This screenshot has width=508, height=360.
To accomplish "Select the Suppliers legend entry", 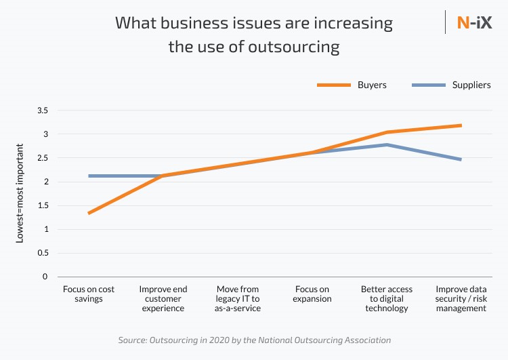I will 471,85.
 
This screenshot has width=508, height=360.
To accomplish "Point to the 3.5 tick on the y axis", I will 43,110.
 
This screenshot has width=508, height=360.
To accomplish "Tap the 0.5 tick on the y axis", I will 43,253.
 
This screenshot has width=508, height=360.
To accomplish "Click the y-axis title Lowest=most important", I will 20,193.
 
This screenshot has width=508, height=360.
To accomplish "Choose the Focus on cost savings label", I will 89,294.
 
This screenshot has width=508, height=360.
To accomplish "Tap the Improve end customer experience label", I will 163,298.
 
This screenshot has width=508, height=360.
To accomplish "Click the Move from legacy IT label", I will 238,298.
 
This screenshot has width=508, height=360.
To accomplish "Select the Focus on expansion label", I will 312,294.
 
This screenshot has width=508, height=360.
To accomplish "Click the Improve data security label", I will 461,298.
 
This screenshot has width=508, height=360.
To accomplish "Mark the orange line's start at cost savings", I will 89,213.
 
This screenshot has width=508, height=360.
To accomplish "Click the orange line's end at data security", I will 461,125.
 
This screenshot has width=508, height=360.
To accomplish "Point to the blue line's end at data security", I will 461,159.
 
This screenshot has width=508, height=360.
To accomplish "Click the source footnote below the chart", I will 254,340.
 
